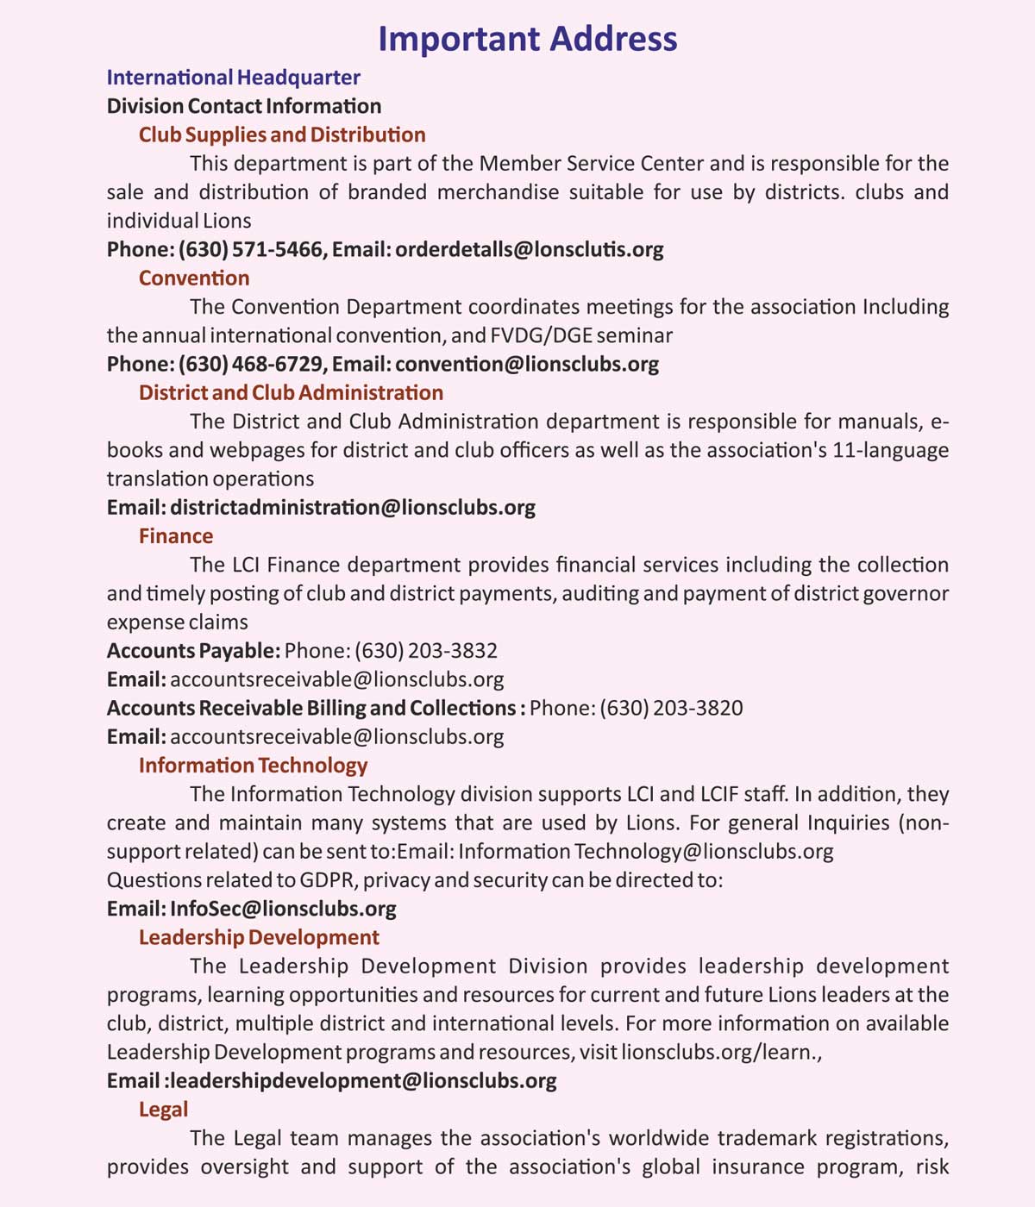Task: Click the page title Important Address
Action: click(527, 40)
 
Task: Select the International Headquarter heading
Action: click(233, 78)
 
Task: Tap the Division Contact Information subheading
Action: click(244, 106)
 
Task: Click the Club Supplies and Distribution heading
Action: click(282, 134)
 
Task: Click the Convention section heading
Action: click(194, 278)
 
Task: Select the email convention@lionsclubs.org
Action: click(527, 364)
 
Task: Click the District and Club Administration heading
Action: click(291, 392)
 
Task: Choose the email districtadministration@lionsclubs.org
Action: click(353, 507)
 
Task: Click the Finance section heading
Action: click(176, 535)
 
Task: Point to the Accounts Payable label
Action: click(193, 650)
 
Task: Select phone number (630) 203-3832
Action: click(426, 650)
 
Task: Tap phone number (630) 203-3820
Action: click(671, 708)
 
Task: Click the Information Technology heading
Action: click(253, 765)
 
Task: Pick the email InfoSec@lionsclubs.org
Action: click(283, 908)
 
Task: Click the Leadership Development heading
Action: click(259, 937)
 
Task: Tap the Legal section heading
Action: click(163, 1109)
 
